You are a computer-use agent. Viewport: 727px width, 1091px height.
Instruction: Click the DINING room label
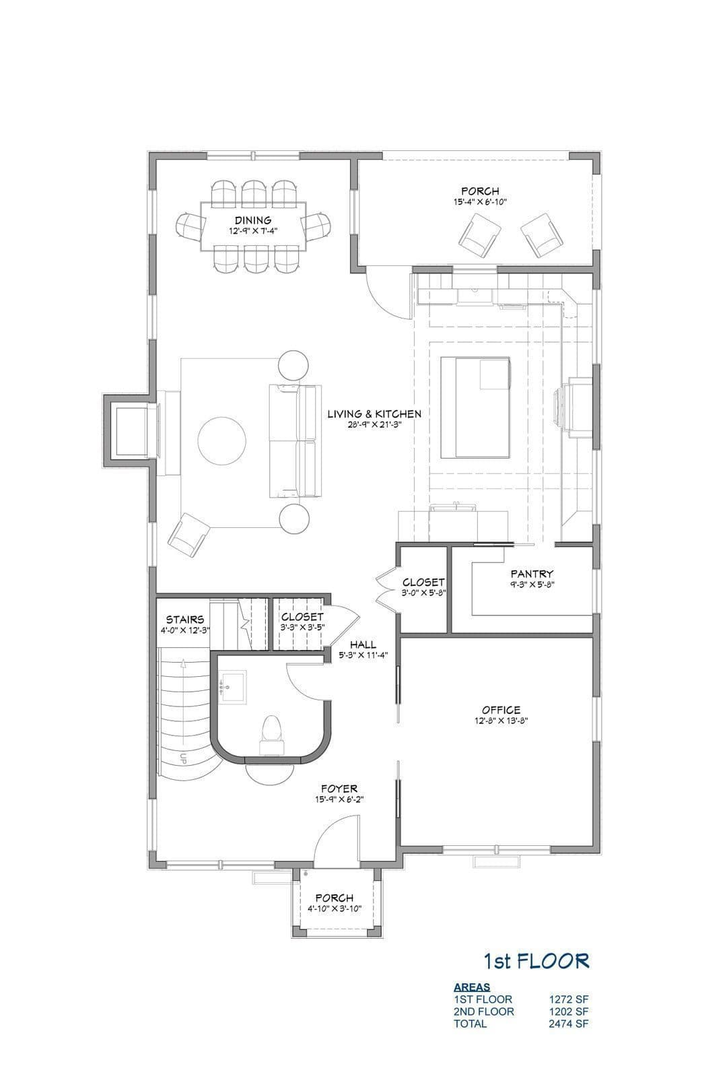[252, 221]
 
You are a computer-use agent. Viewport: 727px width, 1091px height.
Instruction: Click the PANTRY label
[532, 574]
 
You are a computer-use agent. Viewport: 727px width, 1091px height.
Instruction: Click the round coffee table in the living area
[221, 441]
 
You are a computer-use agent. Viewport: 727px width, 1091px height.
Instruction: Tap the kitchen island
[475, 407]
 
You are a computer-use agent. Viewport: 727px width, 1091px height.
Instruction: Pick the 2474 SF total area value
[569, 1023]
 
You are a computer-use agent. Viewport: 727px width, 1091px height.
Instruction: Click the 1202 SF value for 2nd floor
[569, 1011]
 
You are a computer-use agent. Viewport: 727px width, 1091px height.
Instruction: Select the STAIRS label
[185, 620]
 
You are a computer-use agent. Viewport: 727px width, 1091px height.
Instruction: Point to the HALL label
[363, 645]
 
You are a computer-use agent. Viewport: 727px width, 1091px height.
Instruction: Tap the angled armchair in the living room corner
[188, 534]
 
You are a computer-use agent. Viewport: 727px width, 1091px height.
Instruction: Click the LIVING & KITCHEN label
[374, 414]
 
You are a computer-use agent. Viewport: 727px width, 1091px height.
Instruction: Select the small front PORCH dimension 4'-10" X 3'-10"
[334, 908]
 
